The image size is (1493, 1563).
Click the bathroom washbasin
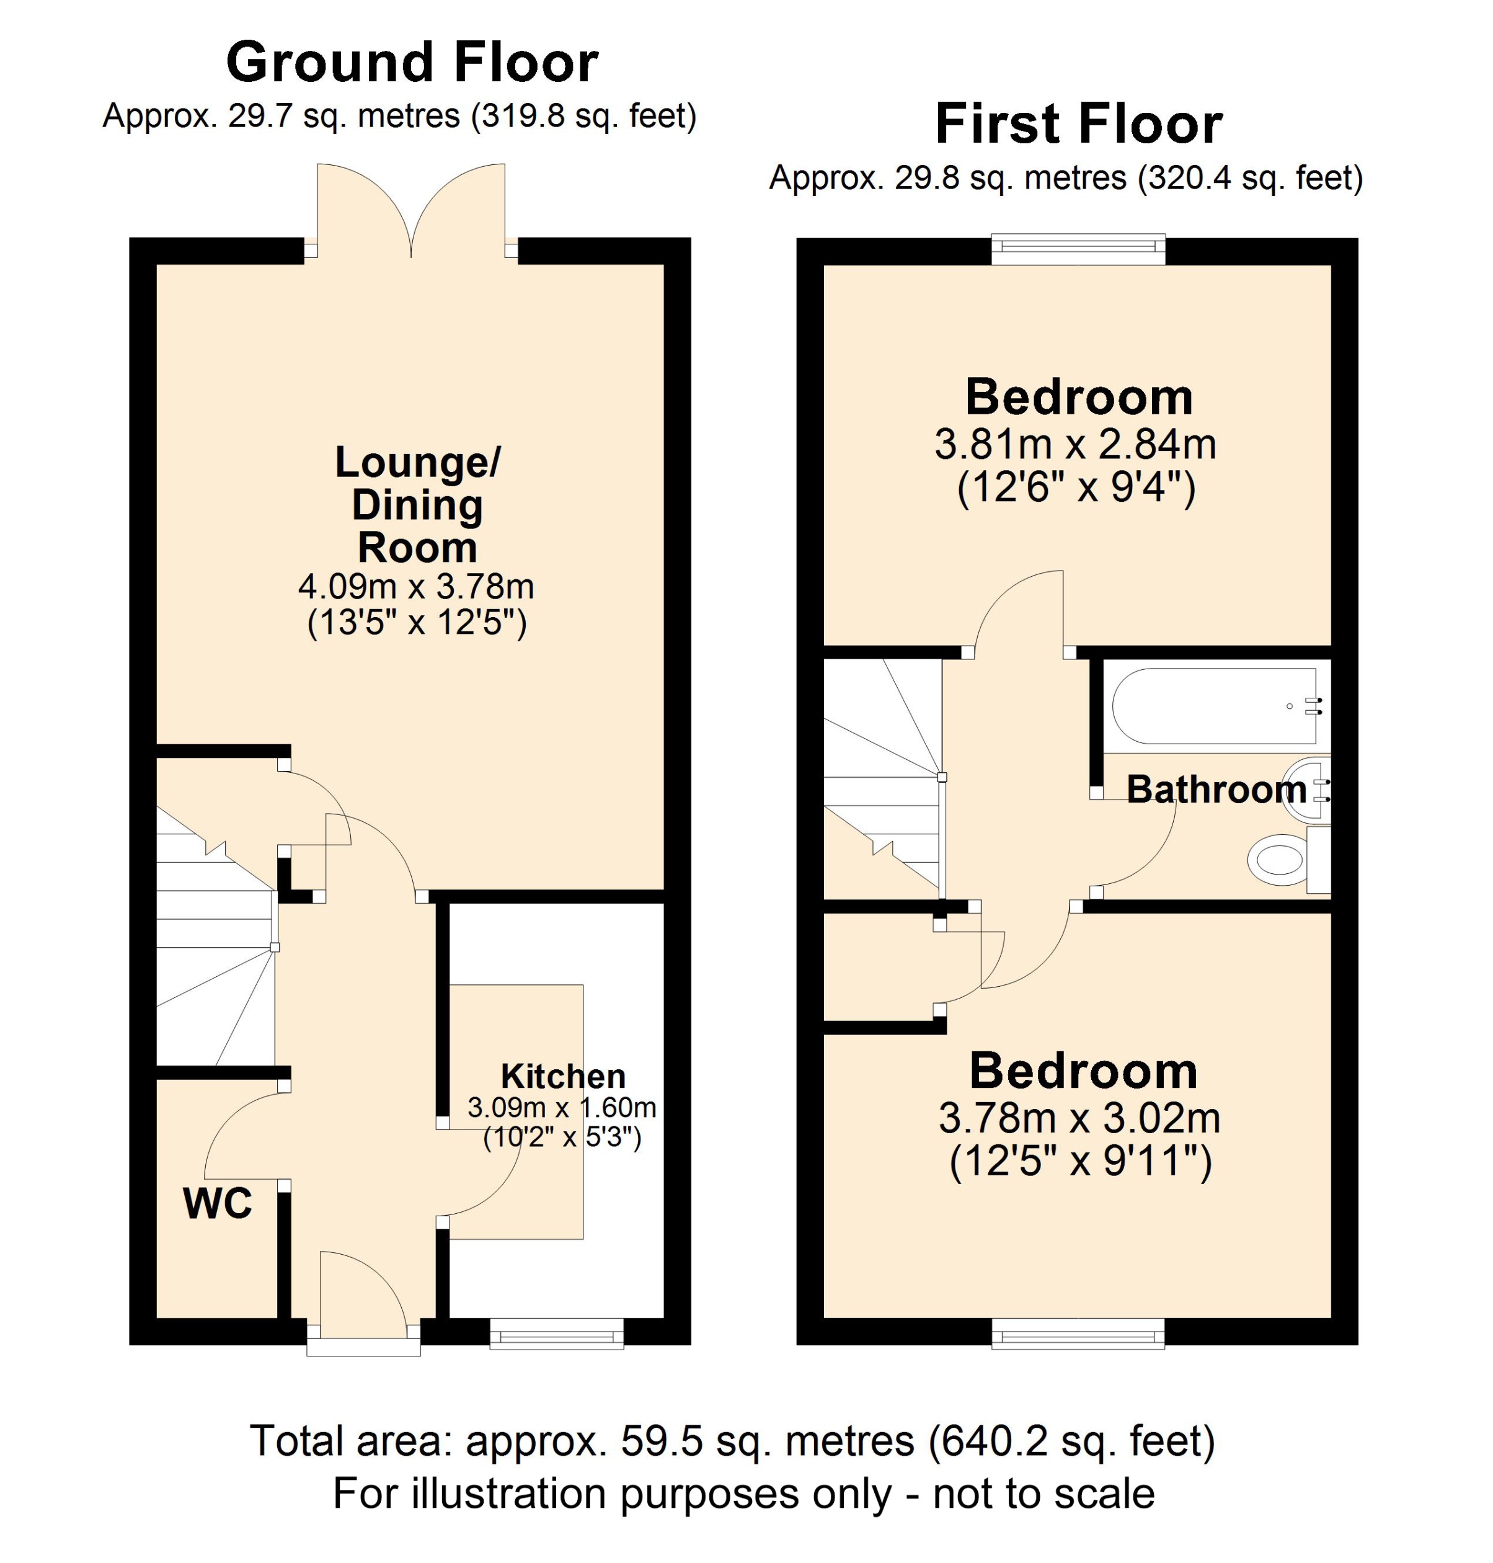coord(1305,788)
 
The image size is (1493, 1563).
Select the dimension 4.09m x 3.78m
coord(415,587)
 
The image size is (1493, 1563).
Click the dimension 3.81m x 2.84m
coord(1075,444)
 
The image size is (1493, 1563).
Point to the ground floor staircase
coord(213,940)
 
